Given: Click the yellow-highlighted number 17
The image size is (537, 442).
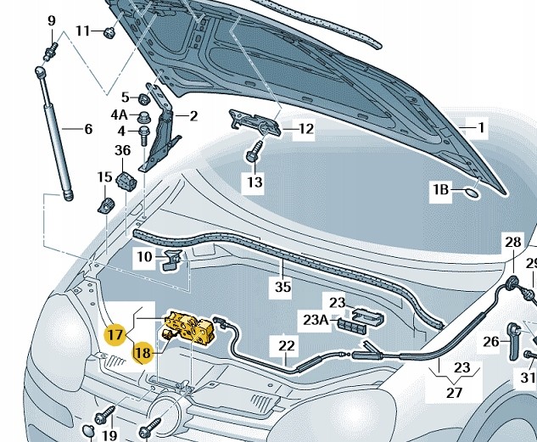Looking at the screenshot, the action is (x=115, y=334).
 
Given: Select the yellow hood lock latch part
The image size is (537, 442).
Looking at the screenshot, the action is (x=189, y=328).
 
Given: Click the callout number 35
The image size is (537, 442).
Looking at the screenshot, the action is (x=283, y=287).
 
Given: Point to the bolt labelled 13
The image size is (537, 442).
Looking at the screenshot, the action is (x=254, y=153).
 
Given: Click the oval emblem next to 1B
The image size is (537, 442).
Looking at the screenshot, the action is (x=473, y=193).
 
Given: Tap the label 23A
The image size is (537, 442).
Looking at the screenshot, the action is (x=316, y=320).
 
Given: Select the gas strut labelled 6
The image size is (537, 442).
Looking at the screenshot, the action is (x=55, y=133).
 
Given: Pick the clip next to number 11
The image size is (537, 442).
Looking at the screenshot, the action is (x=109, y=33).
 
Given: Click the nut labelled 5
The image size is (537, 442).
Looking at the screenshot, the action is (x=144, y=99).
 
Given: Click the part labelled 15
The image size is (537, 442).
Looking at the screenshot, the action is (x=106, y=204).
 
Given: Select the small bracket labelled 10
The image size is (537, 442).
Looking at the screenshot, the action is (x=171, y=260).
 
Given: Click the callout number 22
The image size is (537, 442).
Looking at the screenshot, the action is (x=287, y=345).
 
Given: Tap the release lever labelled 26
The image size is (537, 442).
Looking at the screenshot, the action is (x=513, y=341).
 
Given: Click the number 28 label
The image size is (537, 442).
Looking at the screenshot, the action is (x=512, y=242).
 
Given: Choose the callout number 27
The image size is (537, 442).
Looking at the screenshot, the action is (x=455, y=392).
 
